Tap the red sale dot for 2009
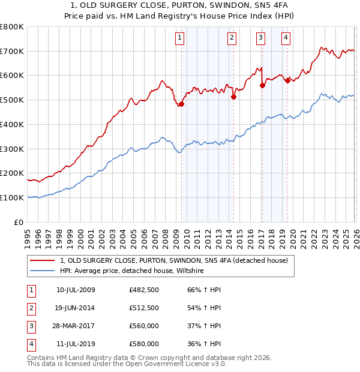[181, 104]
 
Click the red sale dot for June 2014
[233, 97]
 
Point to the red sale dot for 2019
[287, 80]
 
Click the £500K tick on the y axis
[12, 100]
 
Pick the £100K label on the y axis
[12, 197]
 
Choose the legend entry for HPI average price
[132, 271]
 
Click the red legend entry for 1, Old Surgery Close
[174, 260]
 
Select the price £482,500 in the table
[144, 290]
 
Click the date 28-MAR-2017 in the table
[76, 326]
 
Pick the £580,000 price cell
[144, 344]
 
